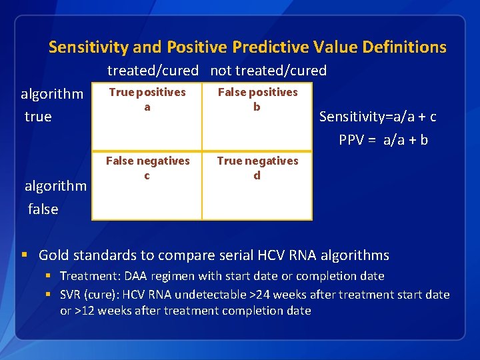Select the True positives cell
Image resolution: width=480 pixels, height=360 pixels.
[147, 117]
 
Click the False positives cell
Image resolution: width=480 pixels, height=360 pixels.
[257, 117]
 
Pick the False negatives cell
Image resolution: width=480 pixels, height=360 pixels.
[147, 185]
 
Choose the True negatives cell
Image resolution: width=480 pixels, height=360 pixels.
[257, 185]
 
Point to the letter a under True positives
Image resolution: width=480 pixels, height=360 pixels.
[147, 107]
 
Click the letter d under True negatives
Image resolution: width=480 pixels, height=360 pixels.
[257, 175]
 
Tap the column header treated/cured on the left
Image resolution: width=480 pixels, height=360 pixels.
[153, 71]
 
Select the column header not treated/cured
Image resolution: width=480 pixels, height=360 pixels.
[268, 71]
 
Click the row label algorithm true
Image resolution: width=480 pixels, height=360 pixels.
[52, 105]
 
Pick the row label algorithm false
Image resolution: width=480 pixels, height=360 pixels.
[55, 197]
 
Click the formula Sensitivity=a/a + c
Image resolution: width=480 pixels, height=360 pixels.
[377, 117]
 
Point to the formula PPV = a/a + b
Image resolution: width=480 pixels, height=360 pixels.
[383, 140]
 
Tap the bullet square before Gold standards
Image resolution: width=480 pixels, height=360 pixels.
[25, 255]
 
